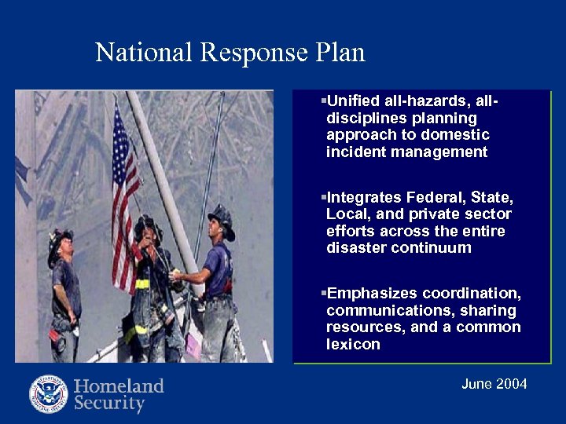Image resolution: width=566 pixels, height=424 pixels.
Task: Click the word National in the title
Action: (144, 53)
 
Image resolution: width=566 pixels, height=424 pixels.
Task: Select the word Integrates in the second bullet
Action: (362, 197)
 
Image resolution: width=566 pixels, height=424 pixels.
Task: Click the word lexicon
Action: (353, 345)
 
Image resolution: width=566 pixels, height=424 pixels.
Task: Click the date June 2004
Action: (494, 384)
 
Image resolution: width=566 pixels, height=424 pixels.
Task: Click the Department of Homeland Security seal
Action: (49, 394)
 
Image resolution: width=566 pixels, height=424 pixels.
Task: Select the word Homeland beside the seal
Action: (119, 386)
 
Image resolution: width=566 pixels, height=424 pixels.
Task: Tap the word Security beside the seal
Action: (110, 404)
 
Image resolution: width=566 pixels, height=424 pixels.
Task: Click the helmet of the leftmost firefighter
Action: (60, 240)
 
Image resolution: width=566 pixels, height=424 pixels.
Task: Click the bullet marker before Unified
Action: (323, 101)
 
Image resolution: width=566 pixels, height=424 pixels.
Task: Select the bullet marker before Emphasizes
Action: (323, 293)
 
